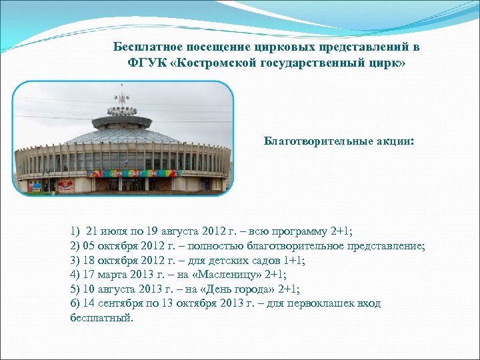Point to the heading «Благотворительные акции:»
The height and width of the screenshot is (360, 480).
[339, 141]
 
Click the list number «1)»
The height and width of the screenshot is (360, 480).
[75, 231]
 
